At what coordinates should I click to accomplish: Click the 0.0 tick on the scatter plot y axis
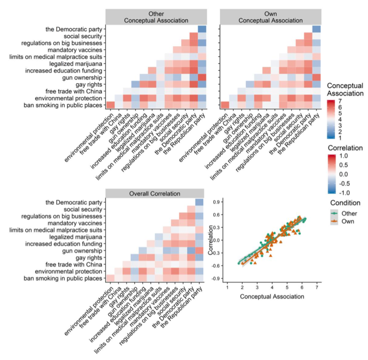pos(217,240)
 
